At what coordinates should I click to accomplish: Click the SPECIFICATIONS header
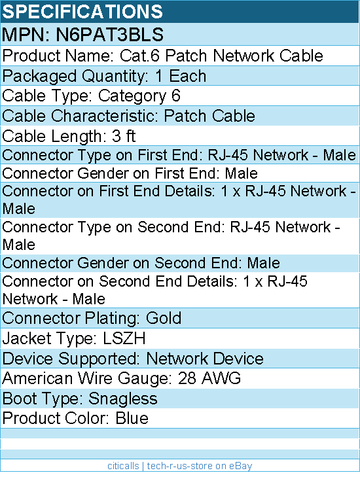(82, 12)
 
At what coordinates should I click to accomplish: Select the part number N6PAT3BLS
(110, 34)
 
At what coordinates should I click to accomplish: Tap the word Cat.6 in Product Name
(140, 56)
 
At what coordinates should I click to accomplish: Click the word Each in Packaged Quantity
(188, 76)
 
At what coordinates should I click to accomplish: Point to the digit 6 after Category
(175, 96)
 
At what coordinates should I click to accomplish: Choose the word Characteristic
(104, 116)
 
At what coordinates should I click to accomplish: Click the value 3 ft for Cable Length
(124, 136)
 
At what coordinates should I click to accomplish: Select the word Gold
(164, 318)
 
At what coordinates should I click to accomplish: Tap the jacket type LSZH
(124, 338)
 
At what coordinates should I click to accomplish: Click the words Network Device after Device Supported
(205, 359)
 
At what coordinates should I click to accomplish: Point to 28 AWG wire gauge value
(209, 378)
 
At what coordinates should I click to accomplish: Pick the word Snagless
(123, 399)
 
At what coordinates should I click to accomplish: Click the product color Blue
(132, 418)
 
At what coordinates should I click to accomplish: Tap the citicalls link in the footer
(123, 466)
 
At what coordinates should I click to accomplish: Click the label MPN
(26, 34)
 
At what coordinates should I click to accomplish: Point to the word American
(37, 378)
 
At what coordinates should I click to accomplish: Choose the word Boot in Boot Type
(20, 398)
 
